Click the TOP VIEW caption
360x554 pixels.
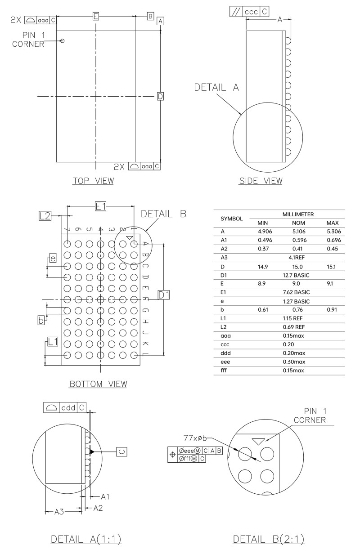(x=94, y=181)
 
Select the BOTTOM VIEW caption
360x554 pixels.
(x=98, y=384)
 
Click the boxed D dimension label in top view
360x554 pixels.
(x=160, y=96)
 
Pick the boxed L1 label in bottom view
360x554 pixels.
(x=53, y=342)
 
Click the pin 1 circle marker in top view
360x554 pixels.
(x=62, y=41)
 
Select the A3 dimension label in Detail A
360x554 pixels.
(x=59, y=512)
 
